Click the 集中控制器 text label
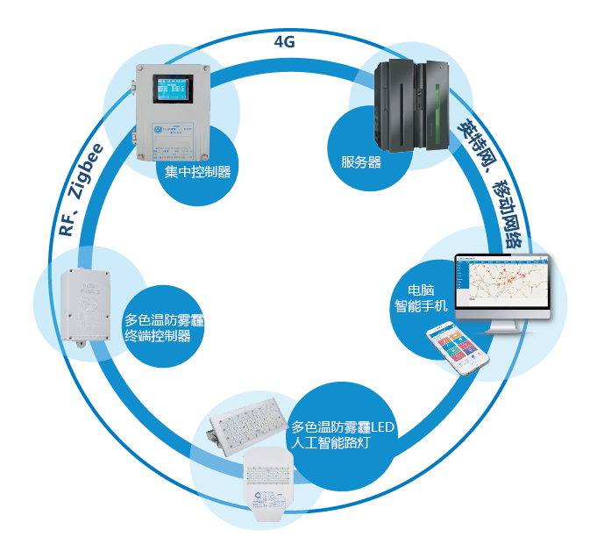click(x=197, y=172)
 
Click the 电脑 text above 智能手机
click(x=422, y=290)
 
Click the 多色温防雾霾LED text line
click(x=344, y=427)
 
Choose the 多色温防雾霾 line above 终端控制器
click(x=169, y=320)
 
